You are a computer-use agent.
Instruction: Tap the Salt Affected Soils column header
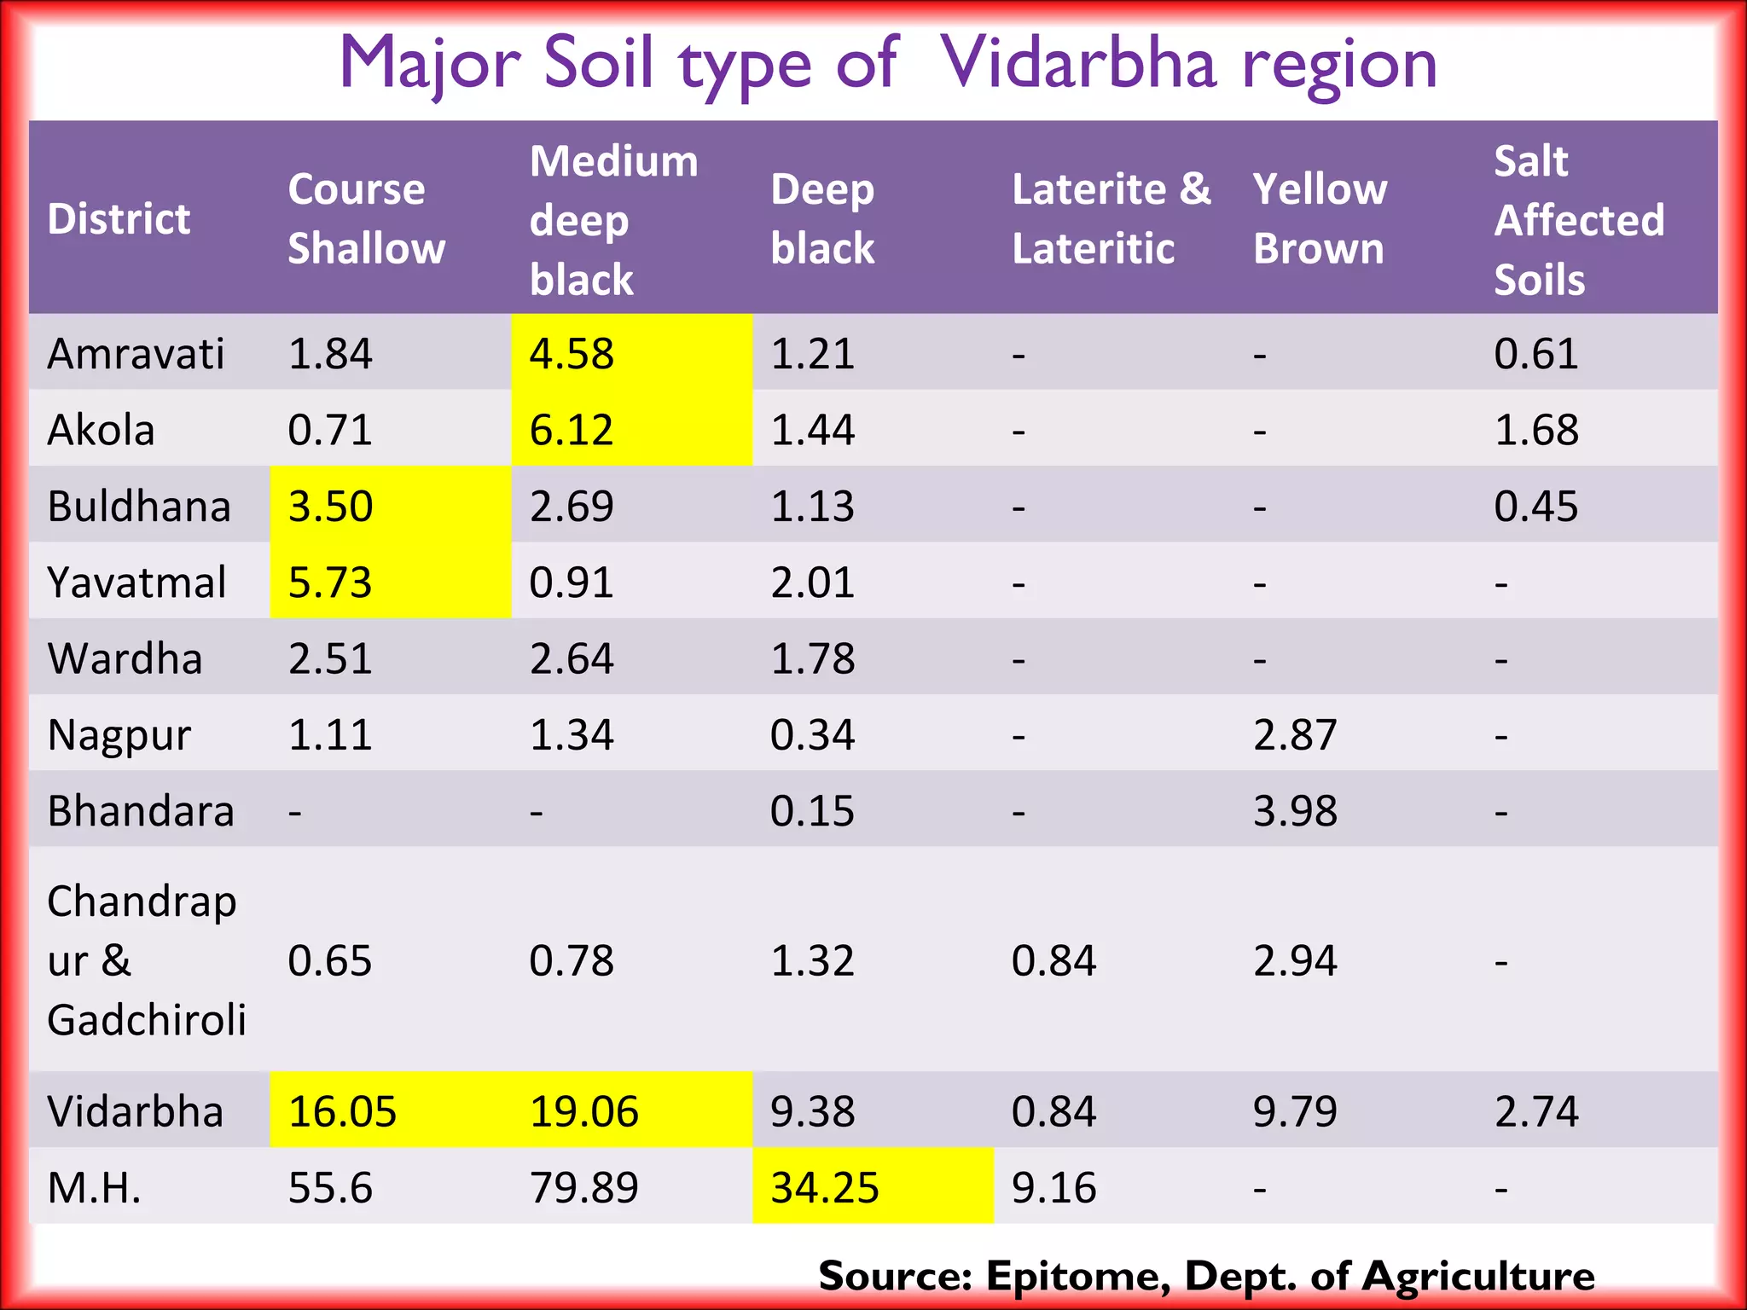(1578, 220)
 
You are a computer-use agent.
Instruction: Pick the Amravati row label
(136, 353)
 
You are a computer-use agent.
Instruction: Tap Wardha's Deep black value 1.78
(812, 658)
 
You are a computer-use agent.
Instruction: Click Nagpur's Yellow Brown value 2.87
(1295, 734)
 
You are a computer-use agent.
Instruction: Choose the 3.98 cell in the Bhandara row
(1295, 810)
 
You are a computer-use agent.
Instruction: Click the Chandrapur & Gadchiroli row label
(146, 960)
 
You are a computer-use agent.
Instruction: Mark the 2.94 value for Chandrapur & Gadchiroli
(1295, 960)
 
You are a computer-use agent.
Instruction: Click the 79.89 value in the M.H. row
(583, 1187)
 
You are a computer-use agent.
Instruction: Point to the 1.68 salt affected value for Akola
(1536, 429)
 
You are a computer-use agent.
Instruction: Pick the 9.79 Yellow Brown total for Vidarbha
(1295, 1111)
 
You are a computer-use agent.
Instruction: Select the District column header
(119, 219)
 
